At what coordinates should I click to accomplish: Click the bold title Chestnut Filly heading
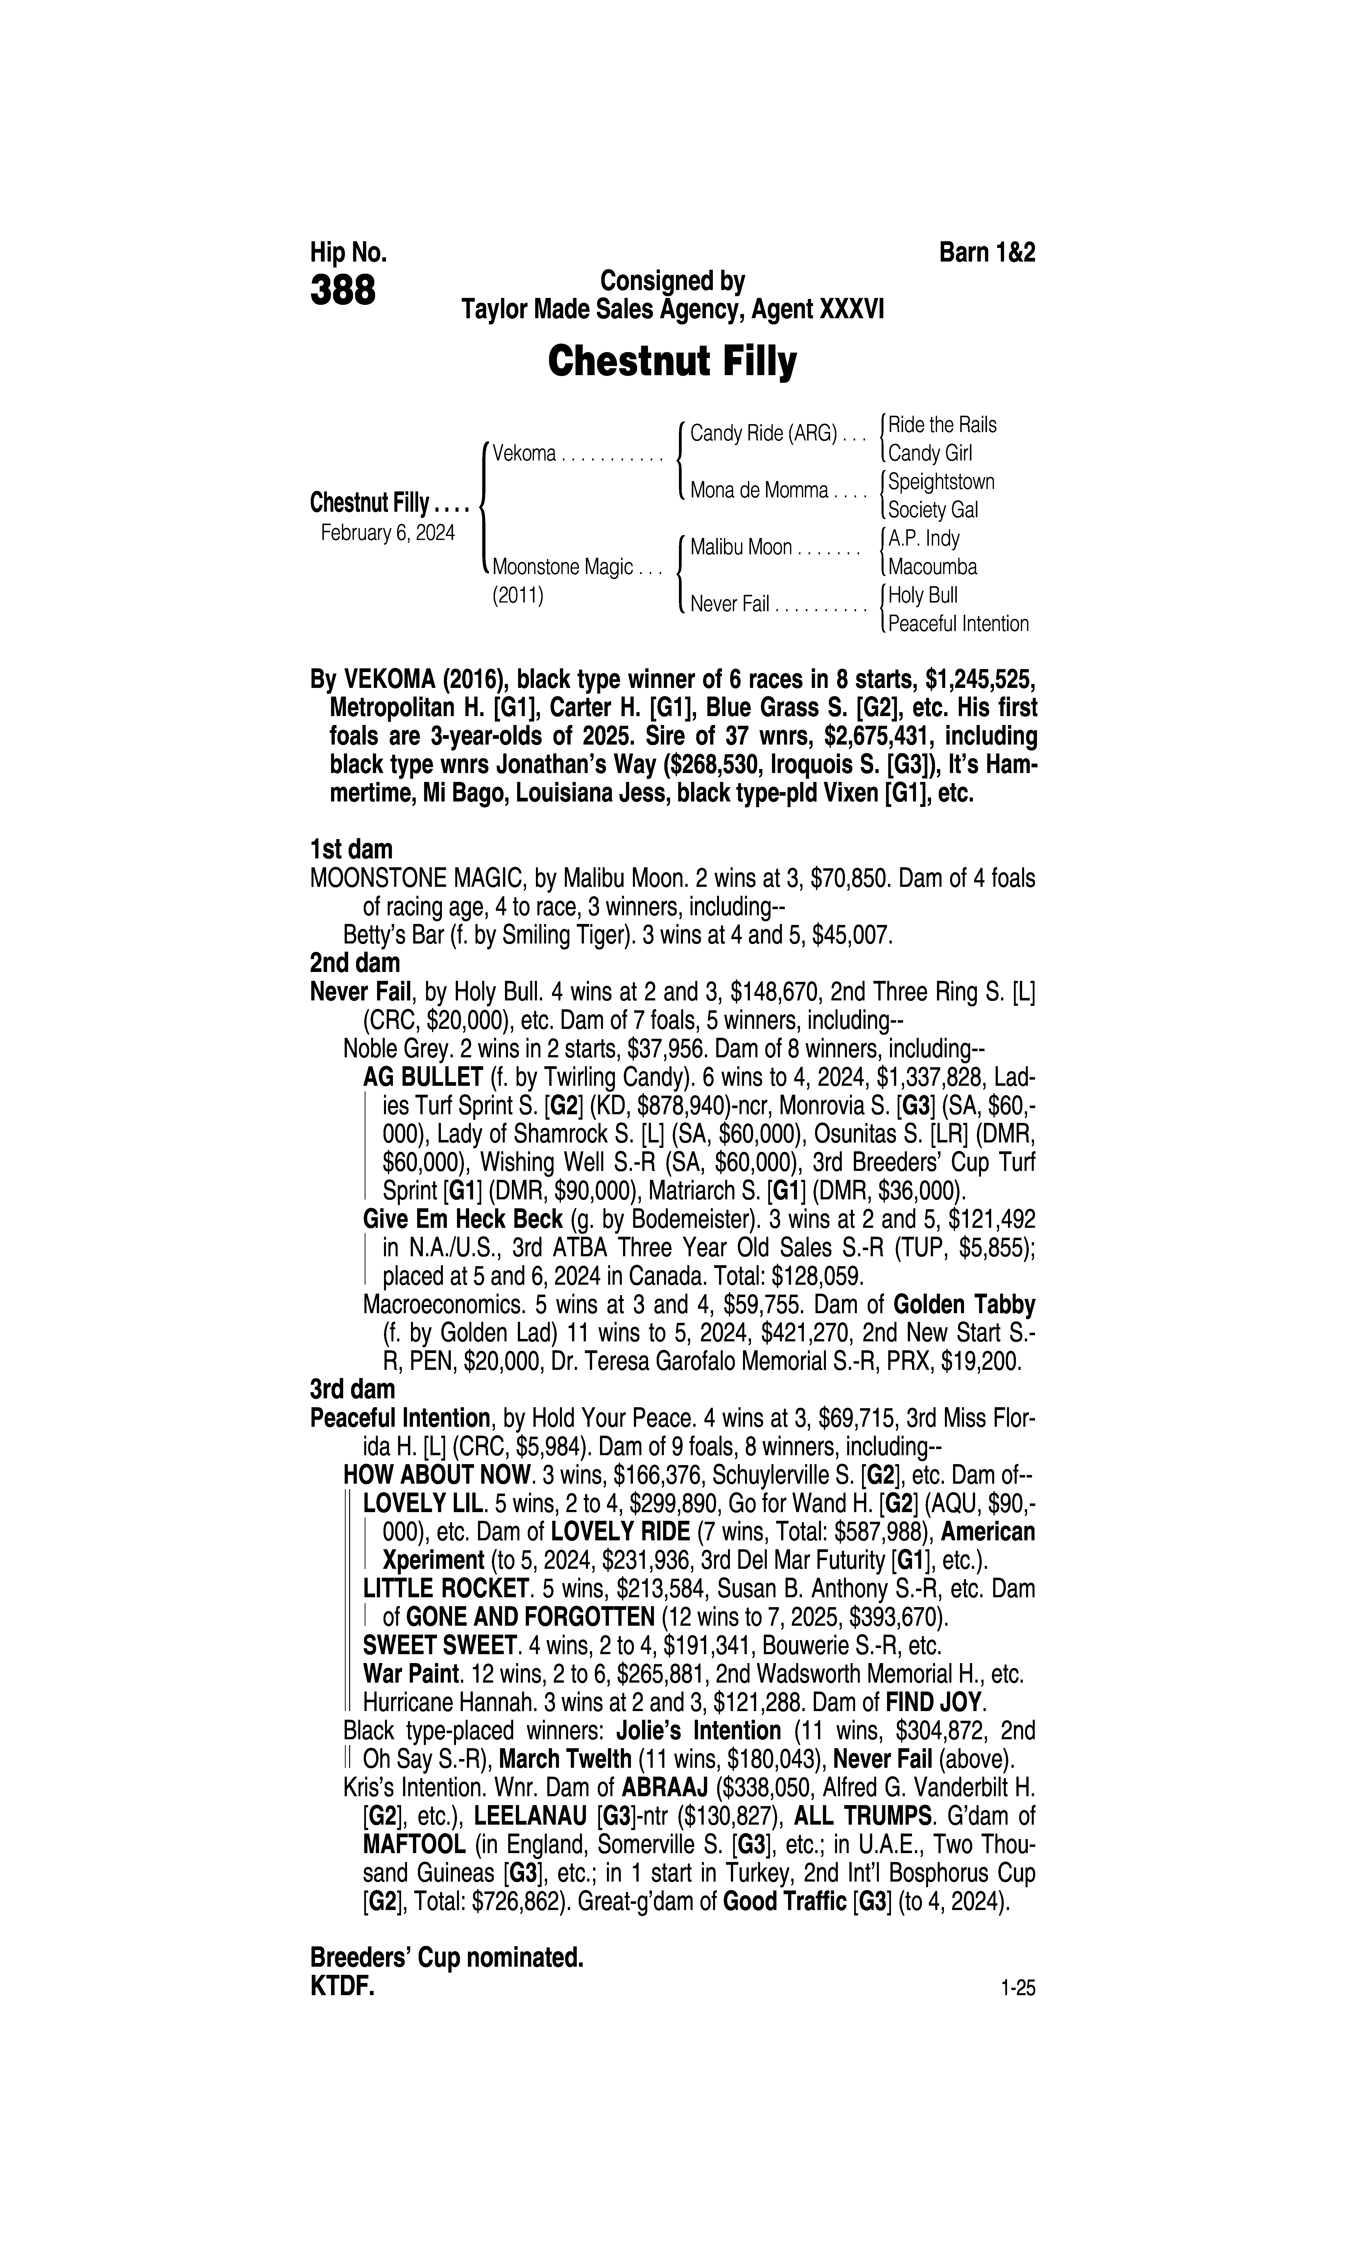coord(672,361)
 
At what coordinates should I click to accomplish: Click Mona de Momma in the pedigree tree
coord(759,491)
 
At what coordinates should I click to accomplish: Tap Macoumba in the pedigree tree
coord(932,567)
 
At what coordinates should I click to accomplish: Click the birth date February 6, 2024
coord(387,532)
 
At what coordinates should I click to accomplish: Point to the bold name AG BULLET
coord(423,1077)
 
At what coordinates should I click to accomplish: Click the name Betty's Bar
coord(394,935)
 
